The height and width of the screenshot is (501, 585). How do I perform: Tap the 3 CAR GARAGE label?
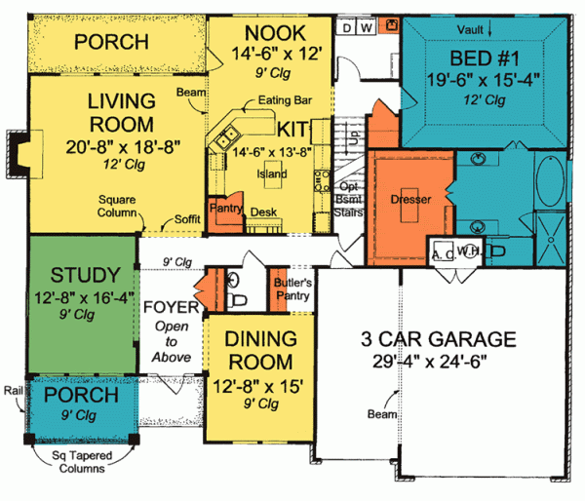pos(435,340)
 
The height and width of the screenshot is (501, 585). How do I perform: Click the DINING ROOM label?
pos(260,350)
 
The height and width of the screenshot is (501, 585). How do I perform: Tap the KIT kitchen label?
pos(293,129)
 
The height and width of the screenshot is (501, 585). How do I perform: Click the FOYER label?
pos(172,309)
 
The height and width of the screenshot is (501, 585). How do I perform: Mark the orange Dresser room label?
pos(409,199)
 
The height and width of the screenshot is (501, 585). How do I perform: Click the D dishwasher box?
pos(348,27)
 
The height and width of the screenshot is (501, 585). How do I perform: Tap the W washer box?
pos(366,27)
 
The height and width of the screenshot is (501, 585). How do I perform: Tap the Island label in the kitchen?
pos(273,174)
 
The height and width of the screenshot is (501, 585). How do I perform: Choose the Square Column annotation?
pos(120,209)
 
